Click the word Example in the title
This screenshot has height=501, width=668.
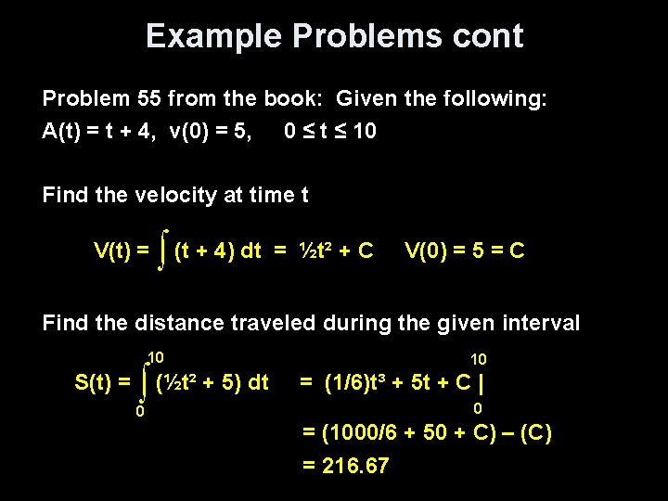point(214,36)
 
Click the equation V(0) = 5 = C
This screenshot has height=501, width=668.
point(465,250)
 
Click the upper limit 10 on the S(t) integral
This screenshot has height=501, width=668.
point(155,358)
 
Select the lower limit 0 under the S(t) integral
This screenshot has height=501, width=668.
point(139,411)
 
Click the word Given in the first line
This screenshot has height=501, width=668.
point(368,98)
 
